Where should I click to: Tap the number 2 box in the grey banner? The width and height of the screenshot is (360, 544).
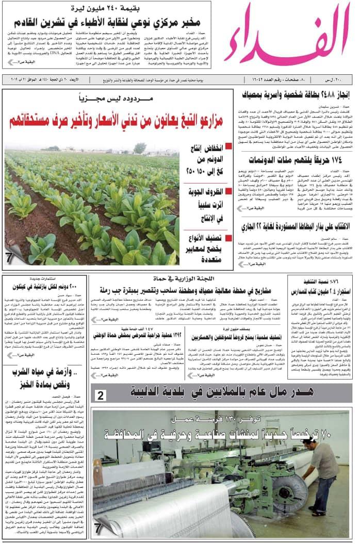101,395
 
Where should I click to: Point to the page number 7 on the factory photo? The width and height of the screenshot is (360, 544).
97,528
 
